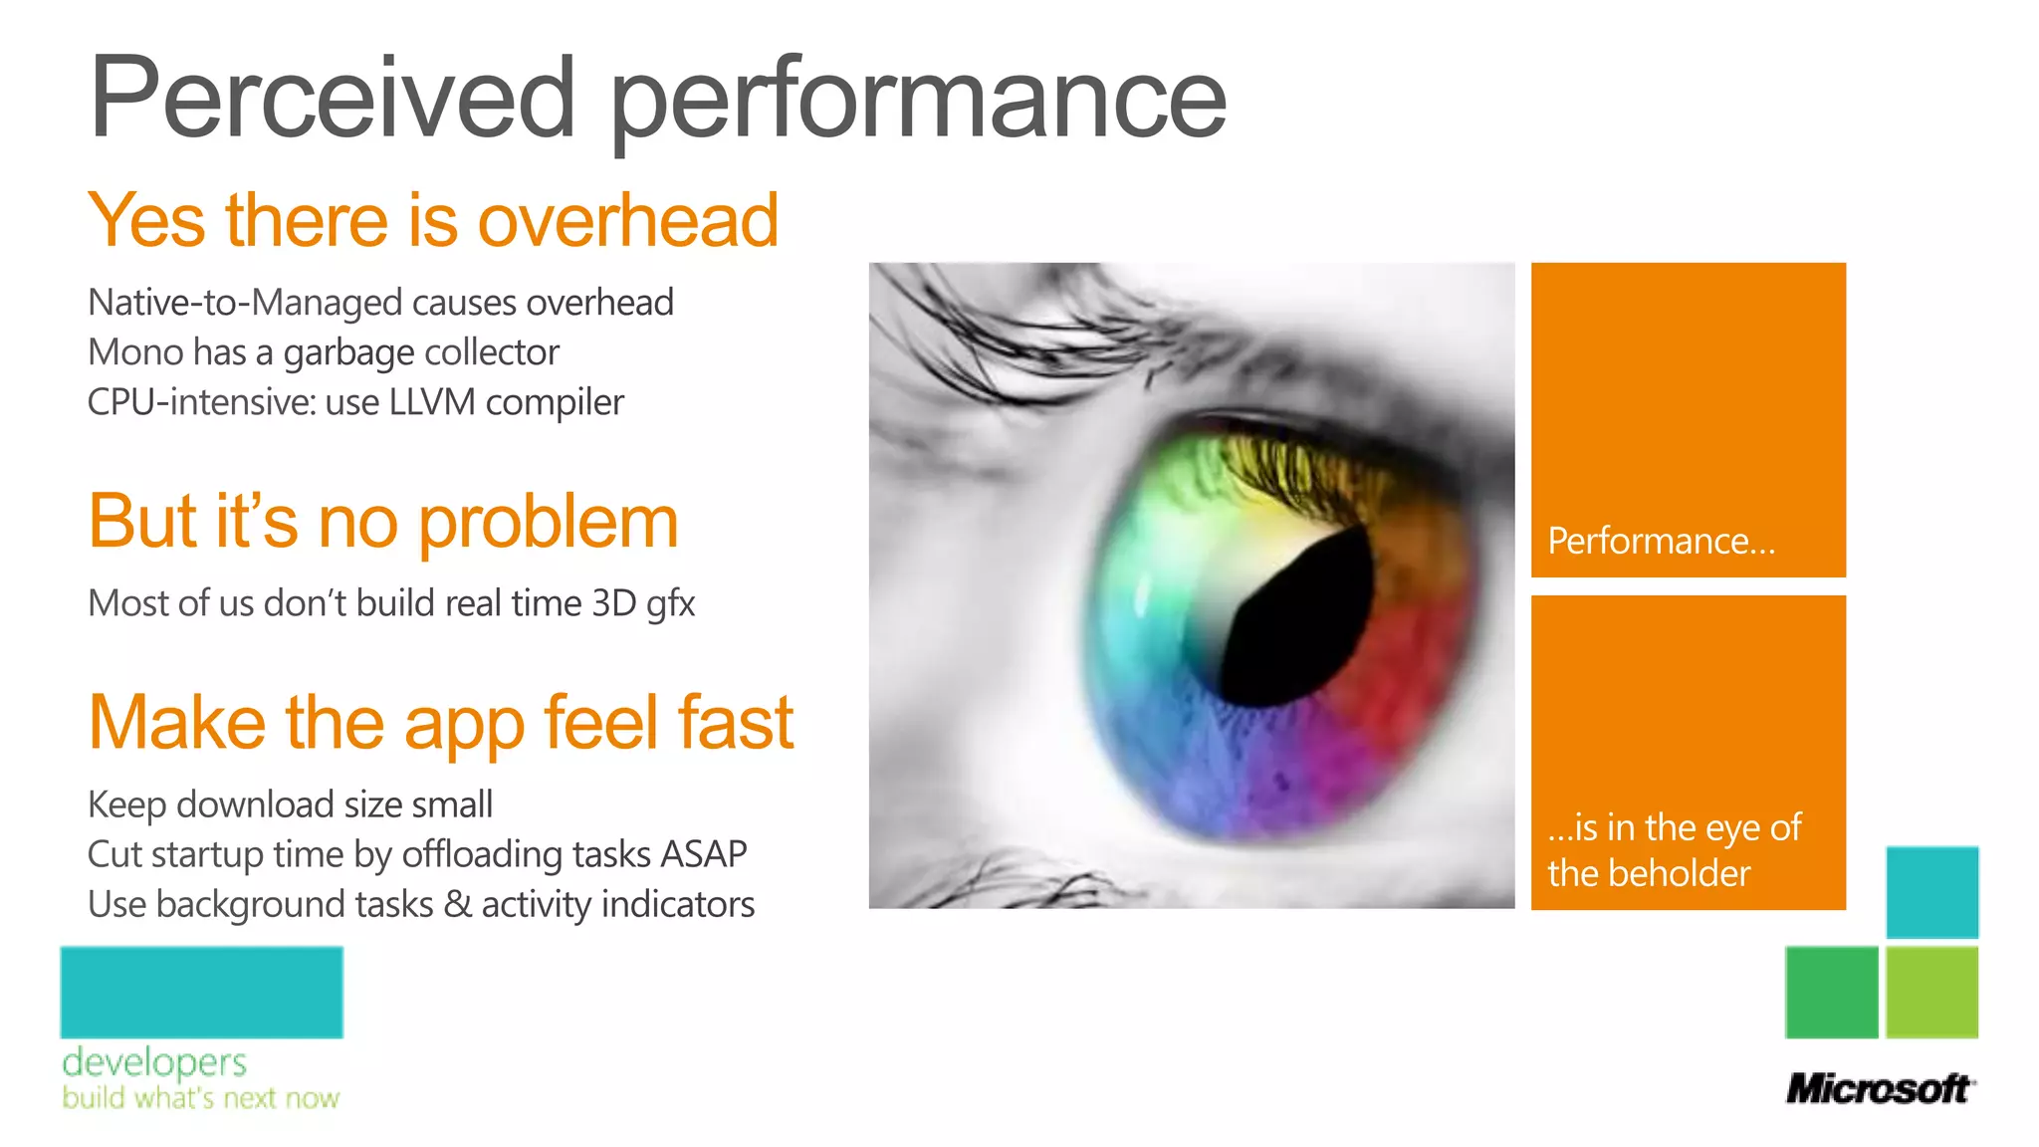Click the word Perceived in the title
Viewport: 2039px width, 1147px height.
pos(333,98)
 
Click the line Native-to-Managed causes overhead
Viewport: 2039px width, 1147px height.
pos(380,303)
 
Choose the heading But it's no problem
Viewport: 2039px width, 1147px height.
pos(383,522)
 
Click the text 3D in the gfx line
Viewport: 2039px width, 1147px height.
pos(613,603)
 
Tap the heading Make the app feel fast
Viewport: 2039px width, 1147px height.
pos(440,723)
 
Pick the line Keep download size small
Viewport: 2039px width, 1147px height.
pos(290,804)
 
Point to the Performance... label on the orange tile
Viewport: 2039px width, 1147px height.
pos(1661,542)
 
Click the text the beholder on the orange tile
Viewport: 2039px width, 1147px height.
pos(1648,874)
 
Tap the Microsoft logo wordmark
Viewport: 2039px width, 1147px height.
pos(1879,1088)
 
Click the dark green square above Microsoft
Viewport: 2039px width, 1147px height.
pos(1831,992)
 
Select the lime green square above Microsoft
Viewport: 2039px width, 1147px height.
pos(1931,992)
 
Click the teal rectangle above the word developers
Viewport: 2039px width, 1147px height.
pos(201,992)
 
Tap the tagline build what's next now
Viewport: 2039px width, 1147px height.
pos(200,1098)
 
